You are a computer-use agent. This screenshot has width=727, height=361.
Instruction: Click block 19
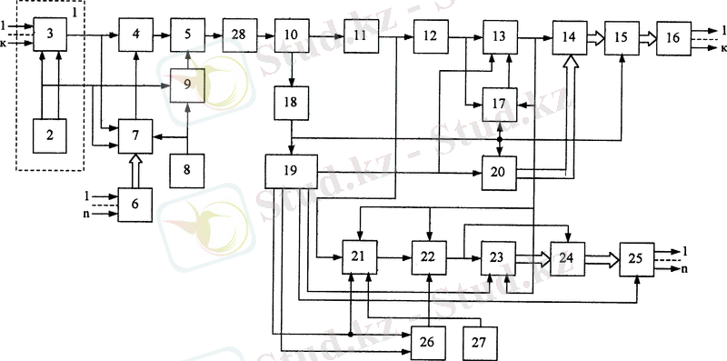pyautogui.click(x=290, y=171)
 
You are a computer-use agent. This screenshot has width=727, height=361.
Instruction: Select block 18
pyautogui.click(x=290, y=103)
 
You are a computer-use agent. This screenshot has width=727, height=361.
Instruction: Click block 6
pyautogui.click(x=134, y=205)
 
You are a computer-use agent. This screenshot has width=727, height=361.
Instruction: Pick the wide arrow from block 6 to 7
pyautogui.click(x=134, y=169)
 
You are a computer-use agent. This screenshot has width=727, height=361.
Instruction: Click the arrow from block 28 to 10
pyautogui.click(x=264, y=35)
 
